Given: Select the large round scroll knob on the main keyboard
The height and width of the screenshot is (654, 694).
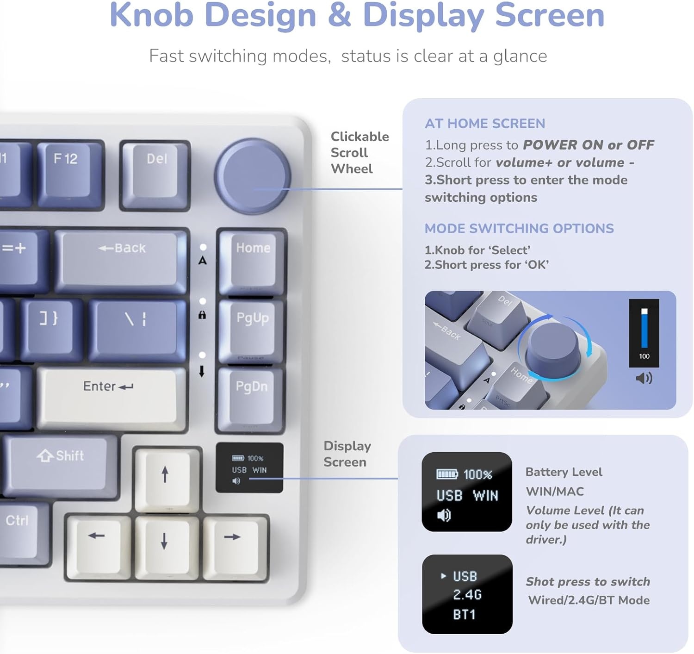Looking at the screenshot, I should pos(252,176).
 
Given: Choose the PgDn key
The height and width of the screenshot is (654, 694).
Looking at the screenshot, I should pos(251,398).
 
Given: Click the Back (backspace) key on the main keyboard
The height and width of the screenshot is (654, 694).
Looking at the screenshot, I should pos(121,259).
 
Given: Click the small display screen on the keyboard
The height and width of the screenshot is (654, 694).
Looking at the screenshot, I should pos(249,467).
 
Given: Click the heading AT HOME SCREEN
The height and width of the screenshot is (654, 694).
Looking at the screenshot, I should pos(485,124).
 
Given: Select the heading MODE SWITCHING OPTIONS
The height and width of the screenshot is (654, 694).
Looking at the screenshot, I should pos(519,229).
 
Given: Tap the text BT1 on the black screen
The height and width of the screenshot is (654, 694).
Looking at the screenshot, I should pos(464,615).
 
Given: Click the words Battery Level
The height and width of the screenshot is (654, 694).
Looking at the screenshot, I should pos(564,472).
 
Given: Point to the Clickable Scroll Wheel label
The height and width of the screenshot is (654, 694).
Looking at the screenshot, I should pos(359,152).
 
